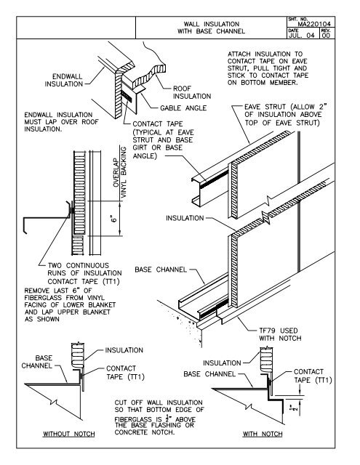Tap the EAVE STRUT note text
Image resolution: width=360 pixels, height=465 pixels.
point(287,118)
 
